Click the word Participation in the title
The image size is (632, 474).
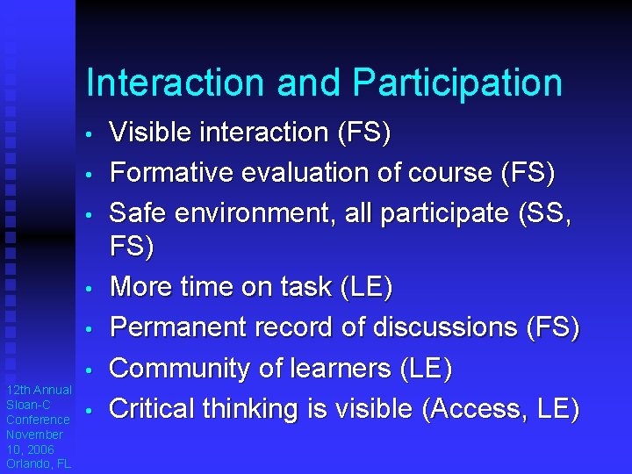(457, 83)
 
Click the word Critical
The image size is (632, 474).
(152, 409)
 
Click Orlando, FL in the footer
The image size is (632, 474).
(39, 463)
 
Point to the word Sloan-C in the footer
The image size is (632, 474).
(27, 405)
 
